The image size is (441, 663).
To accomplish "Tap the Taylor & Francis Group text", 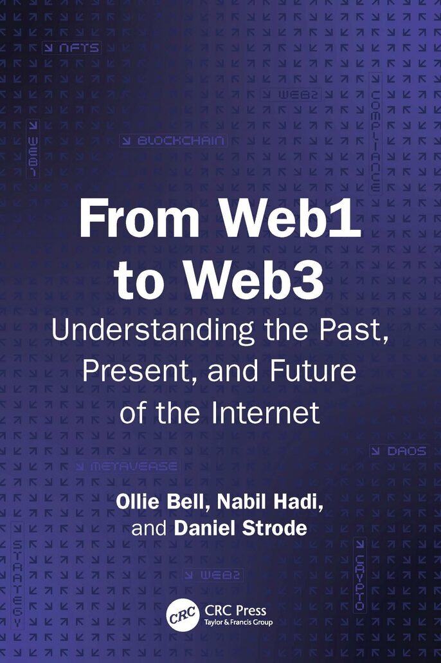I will tap(239, 622).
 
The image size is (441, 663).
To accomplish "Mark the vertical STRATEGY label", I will tap(17, 576).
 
